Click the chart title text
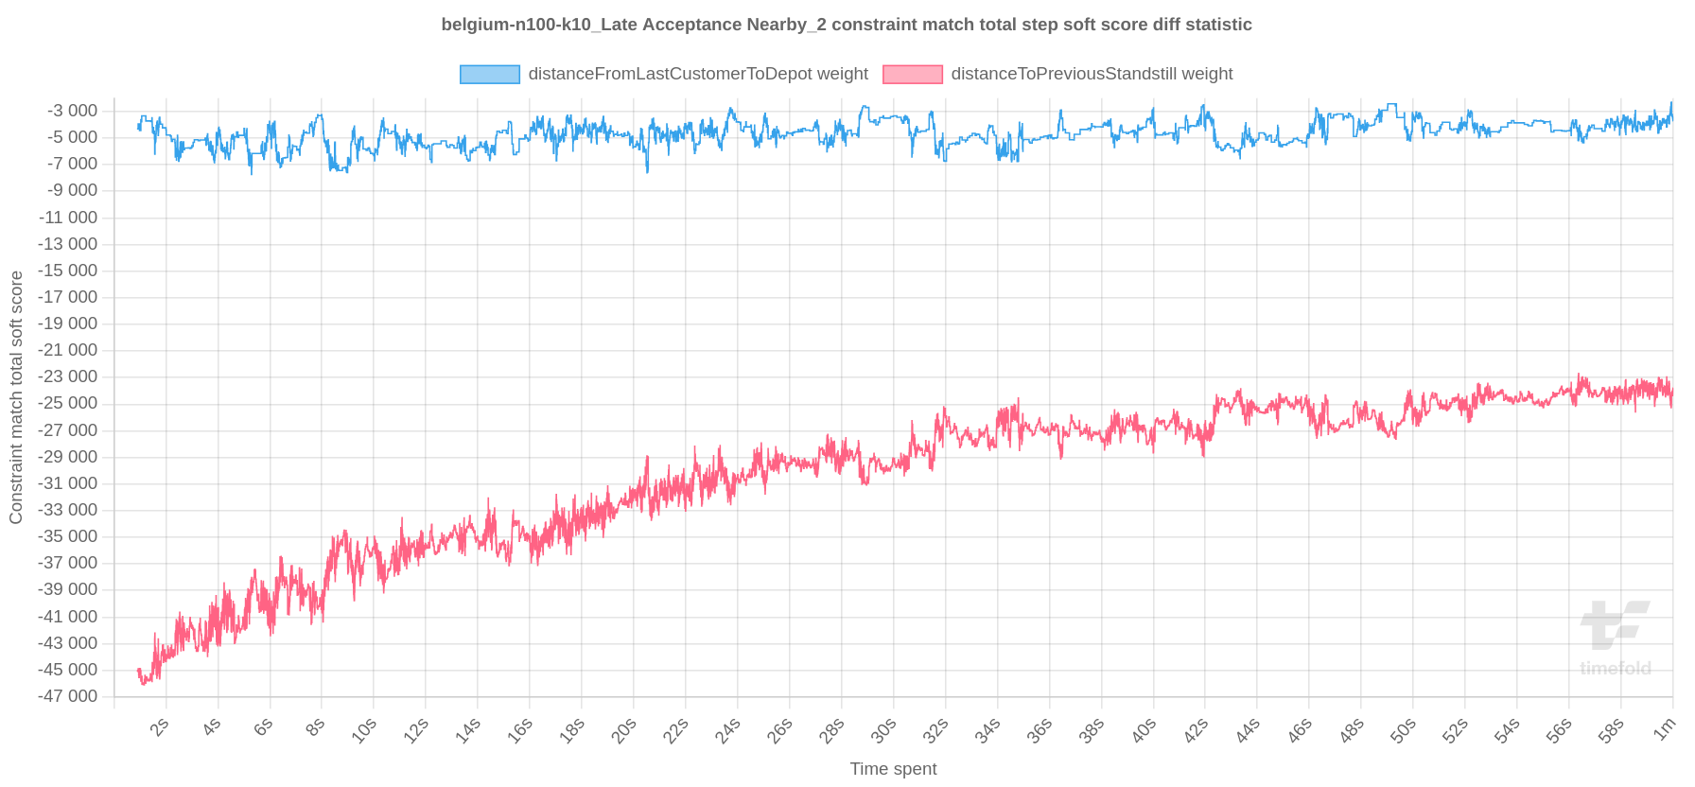tap(847, 25)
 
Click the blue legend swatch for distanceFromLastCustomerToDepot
tap(489, 75)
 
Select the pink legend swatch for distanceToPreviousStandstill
tap(912, 75)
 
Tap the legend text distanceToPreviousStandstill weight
tap(1092, 74)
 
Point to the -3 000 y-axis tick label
tap(72, 111)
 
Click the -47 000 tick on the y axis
tap(68, 696)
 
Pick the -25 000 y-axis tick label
tap(68, 403)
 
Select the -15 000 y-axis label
tap(68, 271)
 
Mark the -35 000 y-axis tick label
tap(68, 536)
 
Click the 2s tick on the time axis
tap(160, 727)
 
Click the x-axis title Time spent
tap(893, 769)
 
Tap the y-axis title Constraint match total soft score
tap(16, 397)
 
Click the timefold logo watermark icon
tap(1614, 624)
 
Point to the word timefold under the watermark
tap(1615, 669)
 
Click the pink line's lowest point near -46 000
tap(144, 683)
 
